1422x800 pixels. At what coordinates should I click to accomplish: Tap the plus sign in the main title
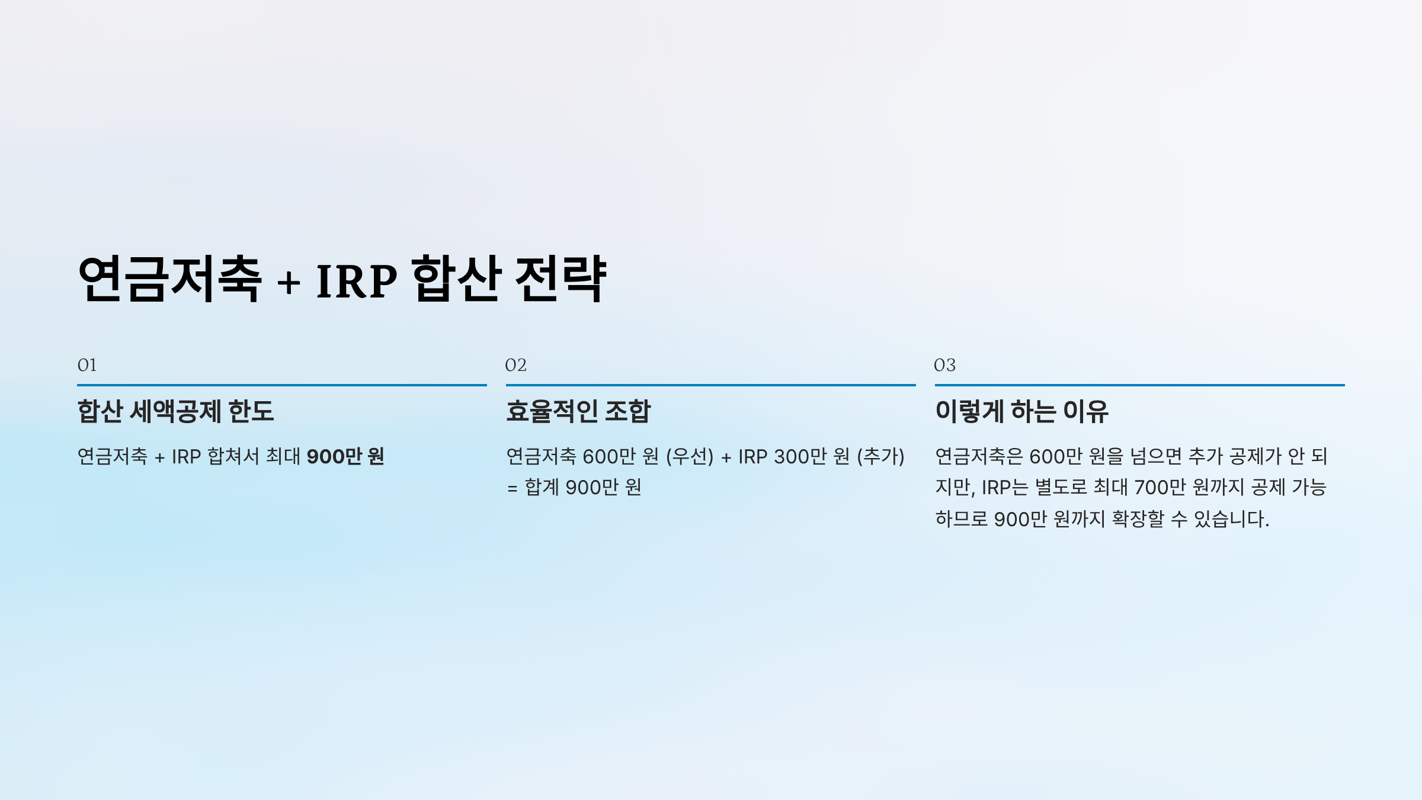click(289, 281)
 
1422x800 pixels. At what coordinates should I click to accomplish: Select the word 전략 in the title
click(561, 279)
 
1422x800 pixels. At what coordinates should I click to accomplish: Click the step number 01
click(87, 365)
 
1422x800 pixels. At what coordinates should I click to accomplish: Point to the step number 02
click(515, 365)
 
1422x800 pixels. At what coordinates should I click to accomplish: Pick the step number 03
click(944, 365)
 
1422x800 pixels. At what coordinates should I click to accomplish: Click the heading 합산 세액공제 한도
click(175, 411)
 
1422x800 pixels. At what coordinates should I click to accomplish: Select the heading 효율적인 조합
click(578, 411)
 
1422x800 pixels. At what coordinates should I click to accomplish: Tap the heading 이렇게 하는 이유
click(1021, 411)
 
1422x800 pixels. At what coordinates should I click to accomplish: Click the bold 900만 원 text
click(345, 456)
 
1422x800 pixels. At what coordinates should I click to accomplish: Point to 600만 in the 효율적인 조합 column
click(609, 456)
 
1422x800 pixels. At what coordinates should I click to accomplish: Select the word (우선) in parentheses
click(690, 456)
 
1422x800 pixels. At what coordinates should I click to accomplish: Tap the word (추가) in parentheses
click(880, 456)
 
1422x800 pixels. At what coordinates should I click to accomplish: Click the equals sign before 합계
click(512, 488)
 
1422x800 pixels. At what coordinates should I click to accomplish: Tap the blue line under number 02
click(710, 385)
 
